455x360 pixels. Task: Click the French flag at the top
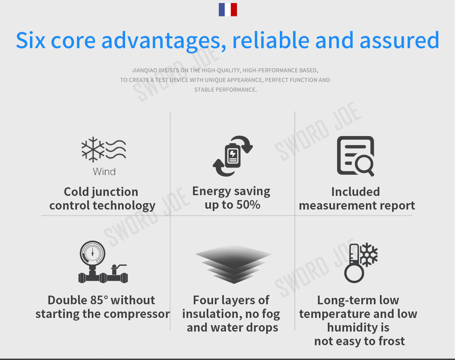(228, 9)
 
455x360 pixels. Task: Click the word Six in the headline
(30, 40)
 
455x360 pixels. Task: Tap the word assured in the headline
(399, 40)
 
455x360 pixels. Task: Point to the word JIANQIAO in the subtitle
(144, 70)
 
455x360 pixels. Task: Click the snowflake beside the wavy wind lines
(93, 149)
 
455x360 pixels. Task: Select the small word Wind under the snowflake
(104, 171)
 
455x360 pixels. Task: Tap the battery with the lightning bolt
(232, 156)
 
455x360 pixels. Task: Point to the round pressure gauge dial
(93, 253)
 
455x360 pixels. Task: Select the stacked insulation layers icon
(234, 264)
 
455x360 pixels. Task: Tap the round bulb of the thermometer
(354, 273)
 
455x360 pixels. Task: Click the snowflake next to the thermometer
(369, 255)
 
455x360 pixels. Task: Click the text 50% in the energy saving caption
(248, 205)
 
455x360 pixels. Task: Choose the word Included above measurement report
(355, 192)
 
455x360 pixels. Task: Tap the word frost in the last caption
(391, 341)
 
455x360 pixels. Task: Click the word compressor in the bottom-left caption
(137, 314)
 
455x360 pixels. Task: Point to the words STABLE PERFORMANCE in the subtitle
(225, 90)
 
